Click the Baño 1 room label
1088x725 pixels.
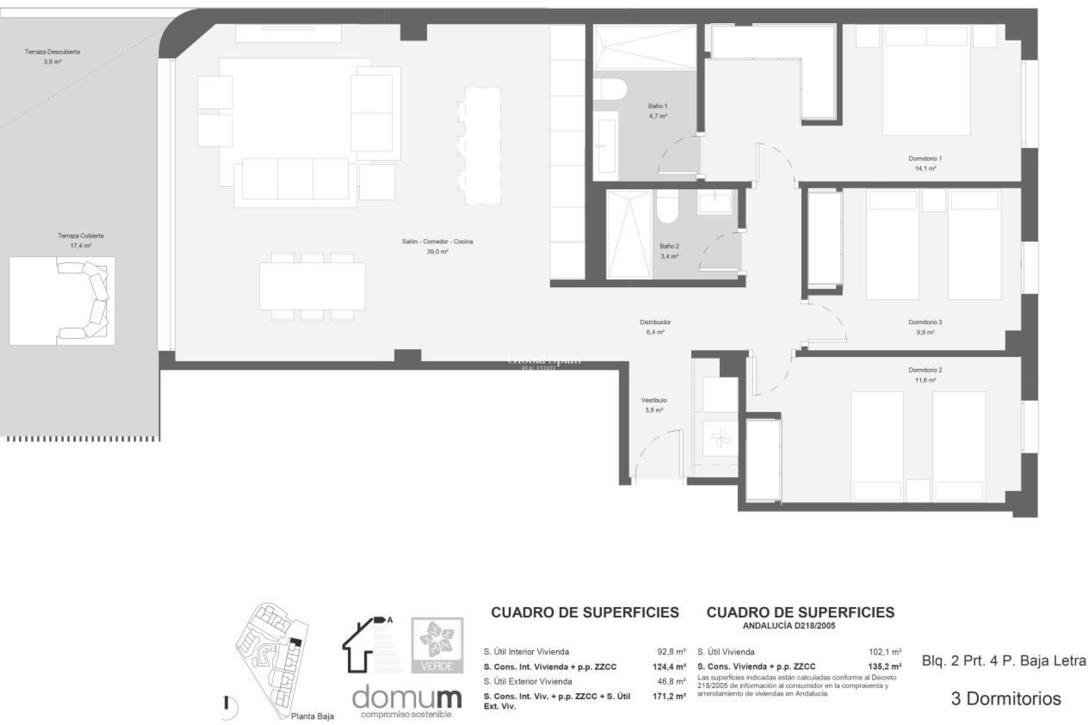[657, 106]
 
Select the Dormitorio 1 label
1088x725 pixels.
[924, 159]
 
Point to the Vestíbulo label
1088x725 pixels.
[654, 400]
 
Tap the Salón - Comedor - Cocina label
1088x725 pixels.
[437, 241]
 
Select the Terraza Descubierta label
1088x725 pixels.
[52, 52]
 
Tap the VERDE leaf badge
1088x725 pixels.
[437, 645]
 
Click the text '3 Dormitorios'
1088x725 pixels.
[1005, 699]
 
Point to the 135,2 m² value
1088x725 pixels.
[885, 667]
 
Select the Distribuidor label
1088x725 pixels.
[655, 322]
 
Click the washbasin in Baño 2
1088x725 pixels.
[715, 203]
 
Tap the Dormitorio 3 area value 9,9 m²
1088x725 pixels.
[924, 332]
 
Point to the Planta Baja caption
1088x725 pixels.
[312, 717]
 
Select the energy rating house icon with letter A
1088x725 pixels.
[367, 644]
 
